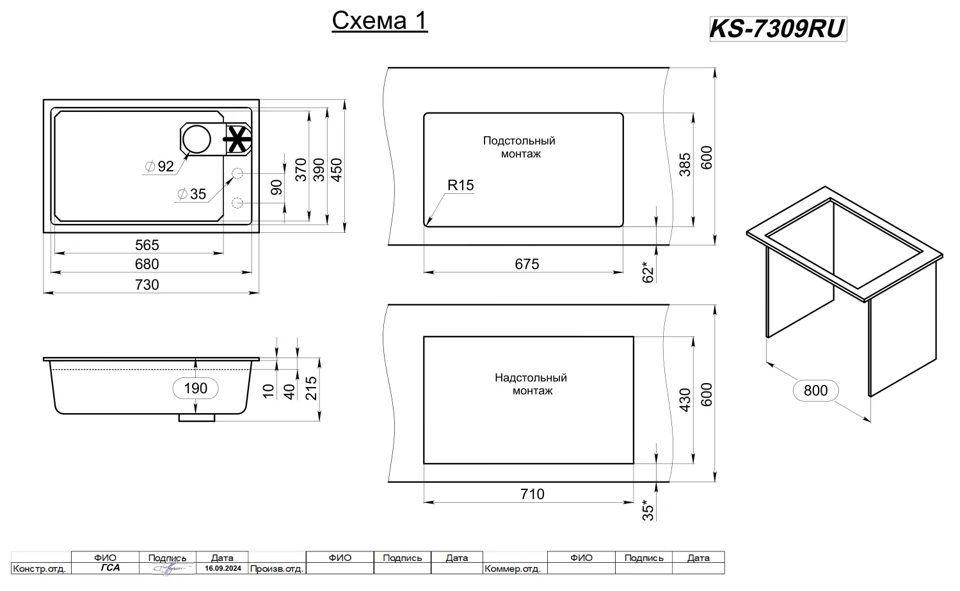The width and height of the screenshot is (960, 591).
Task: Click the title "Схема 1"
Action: click(380, 21)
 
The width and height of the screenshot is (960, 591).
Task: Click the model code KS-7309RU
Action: click(778, 29)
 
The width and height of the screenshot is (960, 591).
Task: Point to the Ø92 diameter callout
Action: click(160, 166)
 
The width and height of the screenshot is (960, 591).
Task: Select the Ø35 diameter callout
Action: click(192, 194)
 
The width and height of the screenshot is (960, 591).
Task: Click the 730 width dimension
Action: click(147, 285)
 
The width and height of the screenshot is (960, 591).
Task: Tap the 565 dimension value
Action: click(147, 245)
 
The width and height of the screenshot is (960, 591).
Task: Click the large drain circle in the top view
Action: click(196, 139)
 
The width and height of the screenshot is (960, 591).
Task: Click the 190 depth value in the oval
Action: click(195, 388)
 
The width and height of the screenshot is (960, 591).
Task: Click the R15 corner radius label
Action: click(460, 185)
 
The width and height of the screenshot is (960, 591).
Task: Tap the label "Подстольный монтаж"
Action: click(519, 147)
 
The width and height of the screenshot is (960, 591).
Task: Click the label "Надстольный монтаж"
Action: click(531, 384)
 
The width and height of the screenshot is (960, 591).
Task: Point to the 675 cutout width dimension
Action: click(527, 264)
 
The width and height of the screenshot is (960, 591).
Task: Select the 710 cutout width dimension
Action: click(532, 494)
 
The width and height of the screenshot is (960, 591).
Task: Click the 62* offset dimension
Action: click(648, 272)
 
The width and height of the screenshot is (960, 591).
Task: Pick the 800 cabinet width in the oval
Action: click(815, 390)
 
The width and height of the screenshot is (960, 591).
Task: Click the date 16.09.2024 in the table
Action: click(223, 568)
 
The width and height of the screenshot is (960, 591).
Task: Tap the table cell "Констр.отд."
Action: click(40, 569)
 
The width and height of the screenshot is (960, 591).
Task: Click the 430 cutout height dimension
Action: click(685, 400)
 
